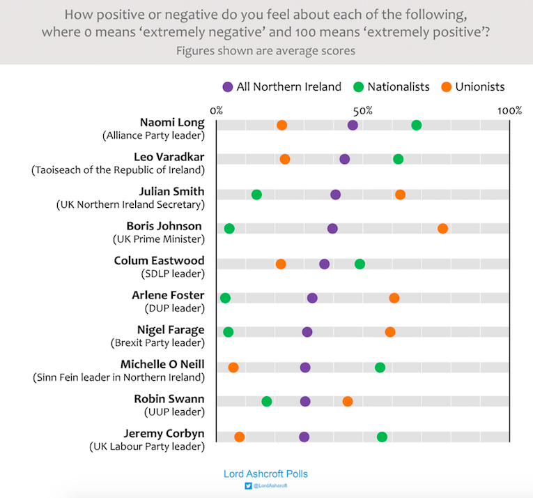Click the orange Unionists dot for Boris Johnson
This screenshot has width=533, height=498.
442,229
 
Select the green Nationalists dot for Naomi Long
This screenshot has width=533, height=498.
416,125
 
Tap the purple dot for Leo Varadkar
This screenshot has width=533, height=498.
344,159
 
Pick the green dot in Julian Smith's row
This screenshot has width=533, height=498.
256,195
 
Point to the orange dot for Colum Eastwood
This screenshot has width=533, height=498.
281,264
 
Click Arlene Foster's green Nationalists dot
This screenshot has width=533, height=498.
225,298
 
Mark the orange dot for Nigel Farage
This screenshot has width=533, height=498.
390,332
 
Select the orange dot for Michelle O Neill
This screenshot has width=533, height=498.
233,368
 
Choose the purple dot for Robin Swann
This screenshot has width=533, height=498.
305,401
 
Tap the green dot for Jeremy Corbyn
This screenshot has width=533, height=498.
382,437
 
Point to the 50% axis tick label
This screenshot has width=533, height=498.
363,110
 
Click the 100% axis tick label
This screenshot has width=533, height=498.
509,110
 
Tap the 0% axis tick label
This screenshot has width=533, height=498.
216,110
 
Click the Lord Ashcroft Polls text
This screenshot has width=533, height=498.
265,474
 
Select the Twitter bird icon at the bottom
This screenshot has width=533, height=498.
247,485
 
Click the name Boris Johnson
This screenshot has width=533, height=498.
164,226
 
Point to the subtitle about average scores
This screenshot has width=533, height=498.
265,50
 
